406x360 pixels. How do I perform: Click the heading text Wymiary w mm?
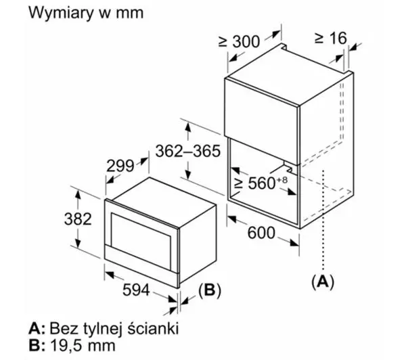pyautogui.click(x=86, y=13)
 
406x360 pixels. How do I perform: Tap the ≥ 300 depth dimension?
pyautogui.click(x=238, y=41)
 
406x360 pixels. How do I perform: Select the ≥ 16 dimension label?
pyautogui.click(x=331, y=39)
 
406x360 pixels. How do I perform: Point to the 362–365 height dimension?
pyautogui.click(x=188, y=151)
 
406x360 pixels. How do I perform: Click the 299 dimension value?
pyautogui.click(x=120, y=166)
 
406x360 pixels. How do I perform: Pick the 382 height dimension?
pyautogui.click(x=78, y=219)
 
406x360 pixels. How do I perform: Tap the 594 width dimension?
pyautogui.click(x=136, y=290)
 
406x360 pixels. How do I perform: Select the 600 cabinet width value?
pyautogui.click(x=261, y=233)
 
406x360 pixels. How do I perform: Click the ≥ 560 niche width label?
pyautogui.click(x=254, y=183)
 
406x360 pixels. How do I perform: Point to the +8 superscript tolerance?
pyautogui.click(x=281, y=180)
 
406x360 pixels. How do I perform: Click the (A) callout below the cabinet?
pyautogui.click(x=323, y=281)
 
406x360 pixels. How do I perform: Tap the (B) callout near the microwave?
pyautogui.click(x=210, y=290)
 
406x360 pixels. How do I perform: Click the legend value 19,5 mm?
pyautogui.click(x=83, y=345)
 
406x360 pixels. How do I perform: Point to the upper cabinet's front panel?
pyautogui.click(x=261, y=121)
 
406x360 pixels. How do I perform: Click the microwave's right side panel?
pyautogui.click(x=198, y=244)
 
